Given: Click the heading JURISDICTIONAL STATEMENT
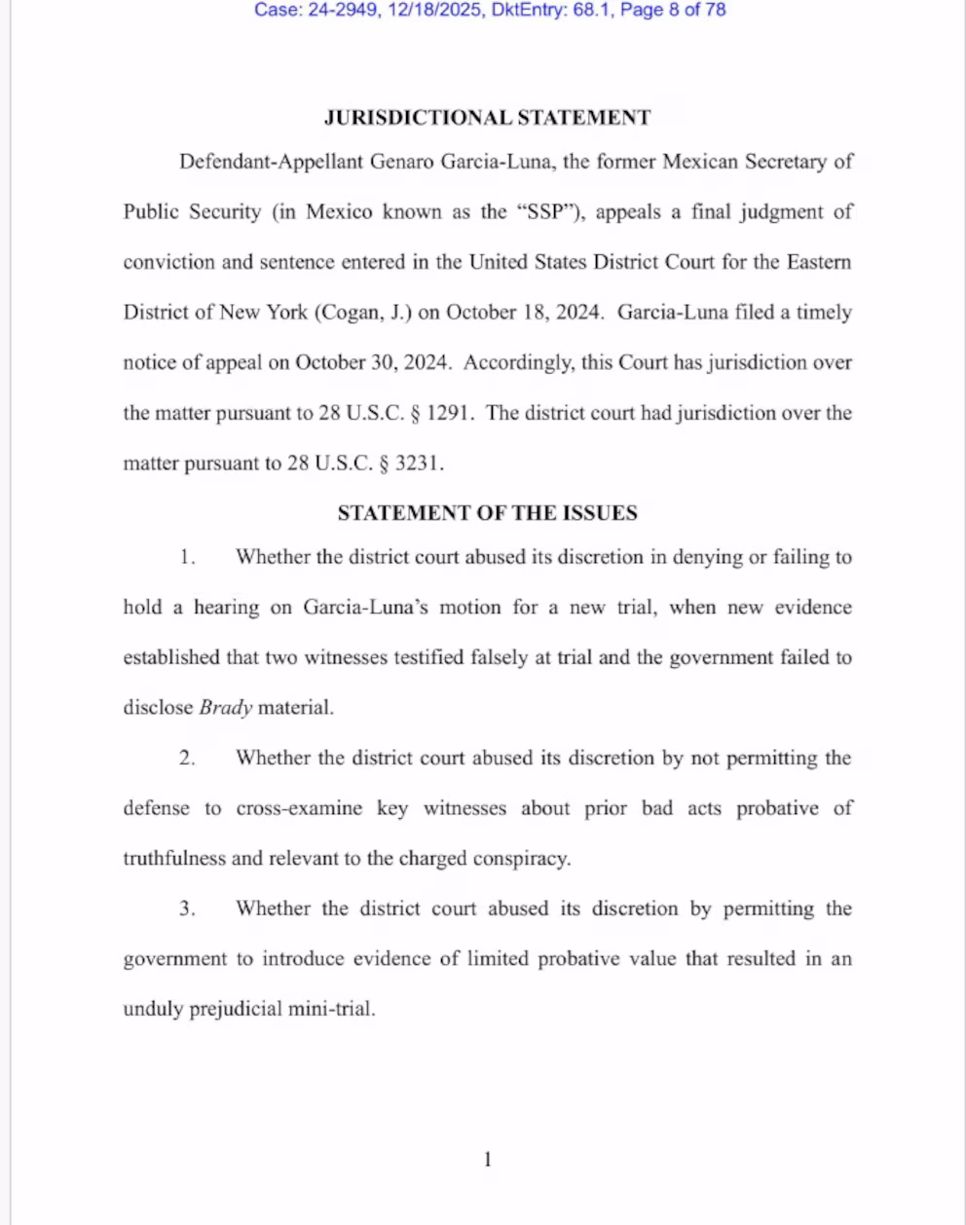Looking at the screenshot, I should point(487,118).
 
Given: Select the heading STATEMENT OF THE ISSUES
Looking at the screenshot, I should point(487,513).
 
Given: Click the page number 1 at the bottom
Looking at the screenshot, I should point(488,1160).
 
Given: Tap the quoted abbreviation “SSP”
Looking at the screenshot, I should point(546,212).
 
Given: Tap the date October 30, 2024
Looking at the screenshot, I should point(373,363).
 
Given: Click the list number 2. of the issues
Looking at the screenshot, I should point(187,759).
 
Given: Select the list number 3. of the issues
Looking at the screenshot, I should point(187,909).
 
